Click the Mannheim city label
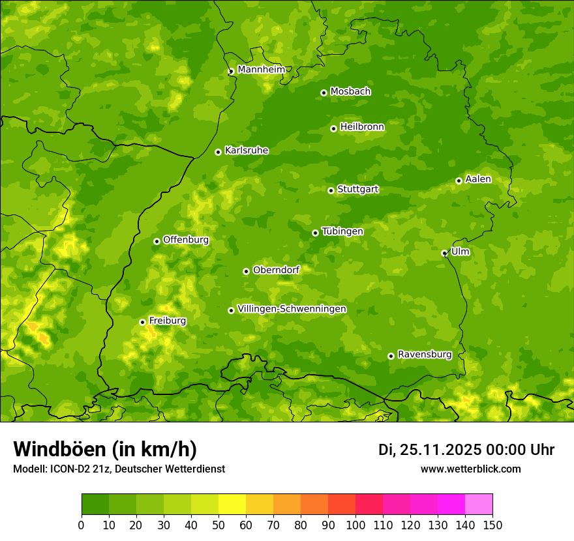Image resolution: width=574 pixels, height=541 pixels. (x=261, y=69)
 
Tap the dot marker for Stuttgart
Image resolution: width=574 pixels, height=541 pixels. (x=331, y=190)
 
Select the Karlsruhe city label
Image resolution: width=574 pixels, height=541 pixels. (x=246, y=151)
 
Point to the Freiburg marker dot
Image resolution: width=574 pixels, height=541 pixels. (x=142, y=322)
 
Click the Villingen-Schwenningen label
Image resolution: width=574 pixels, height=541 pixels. (x=292, y=309)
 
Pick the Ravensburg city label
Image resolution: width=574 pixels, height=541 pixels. (x=424, y=355)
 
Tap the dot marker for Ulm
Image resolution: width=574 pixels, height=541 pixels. (x=444, y=254)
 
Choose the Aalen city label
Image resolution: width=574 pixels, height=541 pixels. (x=477, y=179)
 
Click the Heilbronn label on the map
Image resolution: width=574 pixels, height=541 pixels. (x=362, y=127)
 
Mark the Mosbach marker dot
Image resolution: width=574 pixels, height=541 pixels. (x=324, y=93)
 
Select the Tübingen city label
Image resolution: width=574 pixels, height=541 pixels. (x=342, y=231)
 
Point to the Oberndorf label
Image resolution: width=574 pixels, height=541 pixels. (x=276, y=270)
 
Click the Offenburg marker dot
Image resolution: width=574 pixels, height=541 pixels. (x=157, y=241)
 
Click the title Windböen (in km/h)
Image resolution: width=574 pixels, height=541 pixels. (x=104, y=449)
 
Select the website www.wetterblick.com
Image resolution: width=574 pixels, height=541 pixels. (x=470, y=469)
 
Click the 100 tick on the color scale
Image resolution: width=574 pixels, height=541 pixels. (x=355, y=524)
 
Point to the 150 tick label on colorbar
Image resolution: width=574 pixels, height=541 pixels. (x=492, y=524)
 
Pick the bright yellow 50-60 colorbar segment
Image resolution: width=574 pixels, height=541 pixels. (x=232, y=504)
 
